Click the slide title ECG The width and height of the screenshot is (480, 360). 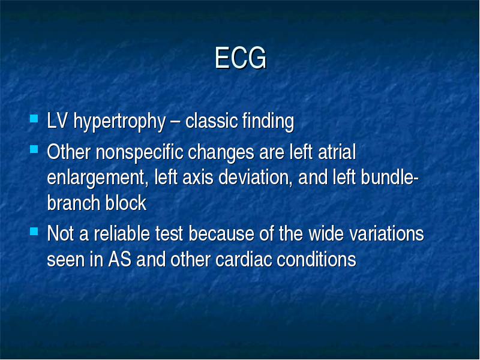241,58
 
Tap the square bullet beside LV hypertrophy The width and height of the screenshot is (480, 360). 34,118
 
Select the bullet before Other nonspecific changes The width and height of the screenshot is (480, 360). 34,149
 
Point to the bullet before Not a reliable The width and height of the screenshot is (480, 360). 34,231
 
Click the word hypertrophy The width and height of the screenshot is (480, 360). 119,122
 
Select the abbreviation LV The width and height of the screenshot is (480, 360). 57,121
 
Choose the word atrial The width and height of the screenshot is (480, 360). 337,152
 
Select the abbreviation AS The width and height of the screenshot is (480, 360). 119,259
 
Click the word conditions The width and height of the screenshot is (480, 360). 316,259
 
